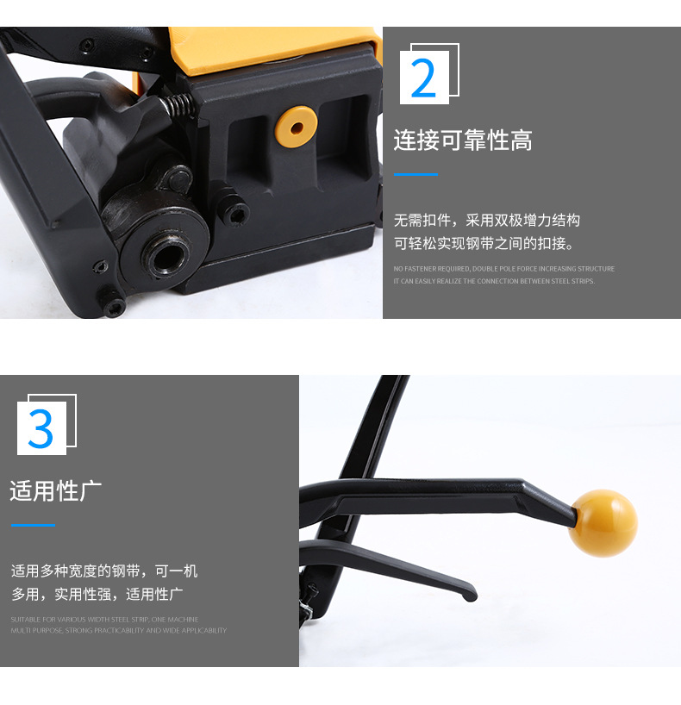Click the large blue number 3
pos(41,428)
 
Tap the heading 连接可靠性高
pos(462,140)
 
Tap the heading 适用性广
pos(56,490)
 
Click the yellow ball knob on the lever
pos(603,522)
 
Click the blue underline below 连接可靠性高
pos(415,174)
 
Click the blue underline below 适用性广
pos(33,525)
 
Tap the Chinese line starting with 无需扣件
pos(486,220)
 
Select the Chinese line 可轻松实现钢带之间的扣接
pos(484,243)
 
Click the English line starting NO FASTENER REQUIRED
pos(503,269)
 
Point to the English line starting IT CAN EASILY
pos(494,281)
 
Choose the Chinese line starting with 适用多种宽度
pos(104,571)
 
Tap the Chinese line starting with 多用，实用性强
pos(97,594)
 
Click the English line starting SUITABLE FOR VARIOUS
pos(104,619)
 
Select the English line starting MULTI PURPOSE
pos(118,631)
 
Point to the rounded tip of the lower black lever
pos(469,595)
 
